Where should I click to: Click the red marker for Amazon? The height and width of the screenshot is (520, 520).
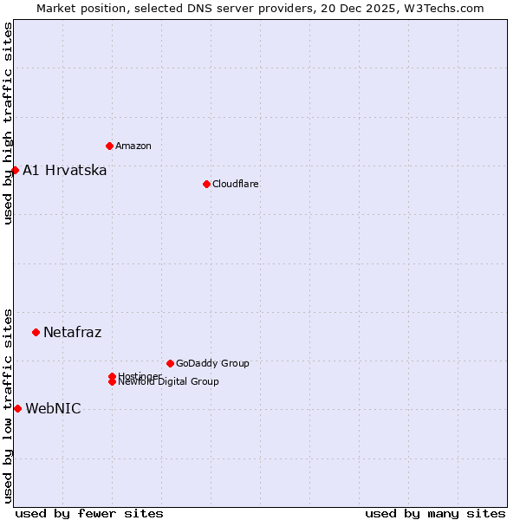pyautogui.click(x=109, y=146)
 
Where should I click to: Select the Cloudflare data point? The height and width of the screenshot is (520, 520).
pyautogui.click(x=206, y=184)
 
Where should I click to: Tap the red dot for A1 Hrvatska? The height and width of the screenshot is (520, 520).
pyautogui.click(x=15, y=170)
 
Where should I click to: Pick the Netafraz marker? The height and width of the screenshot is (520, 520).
pyautogui.click(x=36, y=332)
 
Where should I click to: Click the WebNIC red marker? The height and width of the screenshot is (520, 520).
pyautogui.click(x=17, y=408)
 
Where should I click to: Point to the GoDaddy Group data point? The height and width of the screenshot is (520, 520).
pyautogui.click(x=170, y=363)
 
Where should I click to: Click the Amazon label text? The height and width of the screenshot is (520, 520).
pyautogui.click(x=133, y=146)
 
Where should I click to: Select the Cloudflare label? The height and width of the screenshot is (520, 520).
pyautogui.click(x=235, y=184)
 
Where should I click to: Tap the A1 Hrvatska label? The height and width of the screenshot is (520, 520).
pyautogui.click(x=64, y=170)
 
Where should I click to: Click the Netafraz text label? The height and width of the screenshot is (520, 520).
pyautogui.click(x=72, y=332)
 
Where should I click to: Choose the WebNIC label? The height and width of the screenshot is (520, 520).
pyautogui.click(x=53, y=408)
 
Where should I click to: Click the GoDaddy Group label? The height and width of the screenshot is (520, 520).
pyautogui.click(x=212, y=363)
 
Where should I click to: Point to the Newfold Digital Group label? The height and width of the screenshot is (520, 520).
pyautogui.click(x=168, y=381)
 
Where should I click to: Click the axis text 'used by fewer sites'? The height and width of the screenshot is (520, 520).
pyautogui.click(x=89, y=513)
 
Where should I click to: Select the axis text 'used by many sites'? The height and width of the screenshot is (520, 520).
pyautogui.click(x=435, y=513)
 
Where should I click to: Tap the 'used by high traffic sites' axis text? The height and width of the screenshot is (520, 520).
pyautogui.click(x=8, y=123)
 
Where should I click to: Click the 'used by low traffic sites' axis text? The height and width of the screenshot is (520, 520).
pyautogui.click(x=8, y=405)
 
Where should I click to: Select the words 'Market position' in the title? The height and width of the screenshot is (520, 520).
pyautogui.click(x=75, y=8)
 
